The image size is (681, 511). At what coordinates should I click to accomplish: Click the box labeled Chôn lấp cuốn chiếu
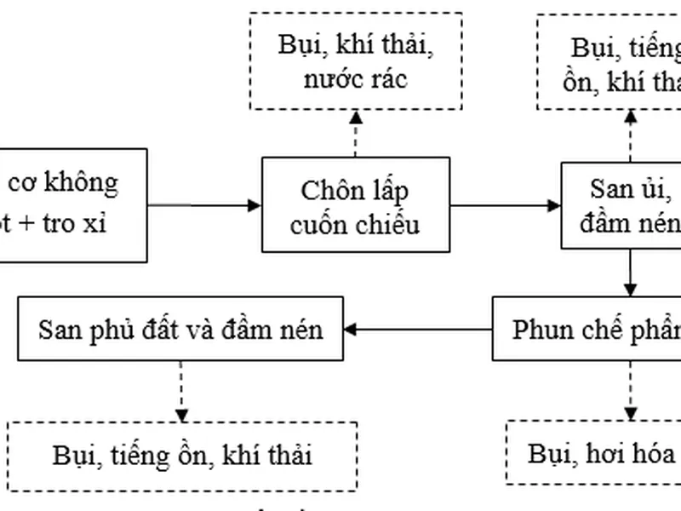(x=355, y=204)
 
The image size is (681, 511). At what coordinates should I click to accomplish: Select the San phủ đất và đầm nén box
(x=180, y=328)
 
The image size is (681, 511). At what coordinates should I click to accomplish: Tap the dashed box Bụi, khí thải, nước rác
(x=355, y=60)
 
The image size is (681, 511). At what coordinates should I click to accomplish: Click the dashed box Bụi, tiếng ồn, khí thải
(x=180, y=455)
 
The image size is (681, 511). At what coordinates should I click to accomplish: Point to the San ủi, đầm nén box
(x=621, y=204)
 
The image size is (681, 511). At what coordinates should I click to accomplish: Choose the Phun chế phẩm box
(x=587, y=328)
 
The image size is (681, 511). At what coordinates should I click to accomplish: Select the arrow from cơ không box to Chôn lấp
(x=204, y=204)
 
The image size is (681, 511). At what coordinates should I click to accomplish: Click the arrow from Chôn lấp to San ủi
(x=505, y=204)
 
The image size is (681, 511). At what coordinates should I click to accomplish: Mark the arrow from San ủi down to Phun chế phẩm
(x=630, y=273)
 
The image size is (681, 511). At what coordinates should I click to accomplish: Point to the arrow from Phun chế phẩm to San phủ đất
(x=419, y=329)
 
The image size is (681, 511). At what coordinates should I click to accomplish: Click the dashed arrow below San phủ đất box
(x=180, y=390)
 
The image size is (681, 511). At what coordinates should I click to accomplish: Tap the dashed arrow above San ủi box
(x=631, y=134)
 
